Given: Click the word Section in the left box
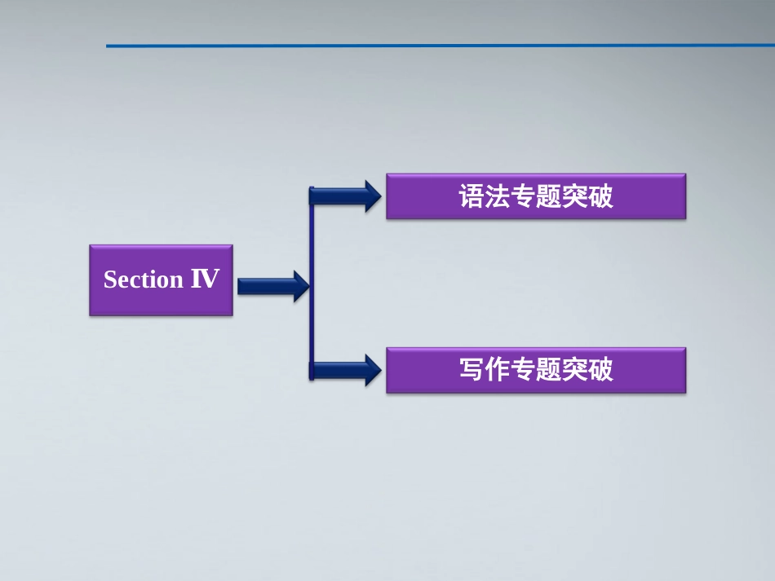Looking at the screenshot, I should point(144,280).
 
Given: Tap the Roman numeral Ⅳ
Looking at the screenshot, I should point(205,279).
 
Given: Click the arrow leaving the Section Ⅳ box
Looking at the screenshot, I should point(272,286).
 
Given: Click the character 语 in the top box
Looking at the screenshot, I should point(472,197).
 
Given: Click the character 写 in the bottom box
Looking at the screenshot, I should point(472,371).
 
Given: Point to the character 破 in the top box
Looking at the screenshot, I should point(600,197).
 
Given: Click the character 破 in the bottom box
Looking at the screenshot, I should point(600,371).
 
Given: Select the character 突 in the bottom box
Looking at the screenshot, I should point(574,371).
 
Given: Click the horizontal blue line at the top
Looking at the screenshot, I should point(441,46).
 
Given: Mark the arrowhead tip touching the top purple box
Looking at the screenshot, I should point(379,196).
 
